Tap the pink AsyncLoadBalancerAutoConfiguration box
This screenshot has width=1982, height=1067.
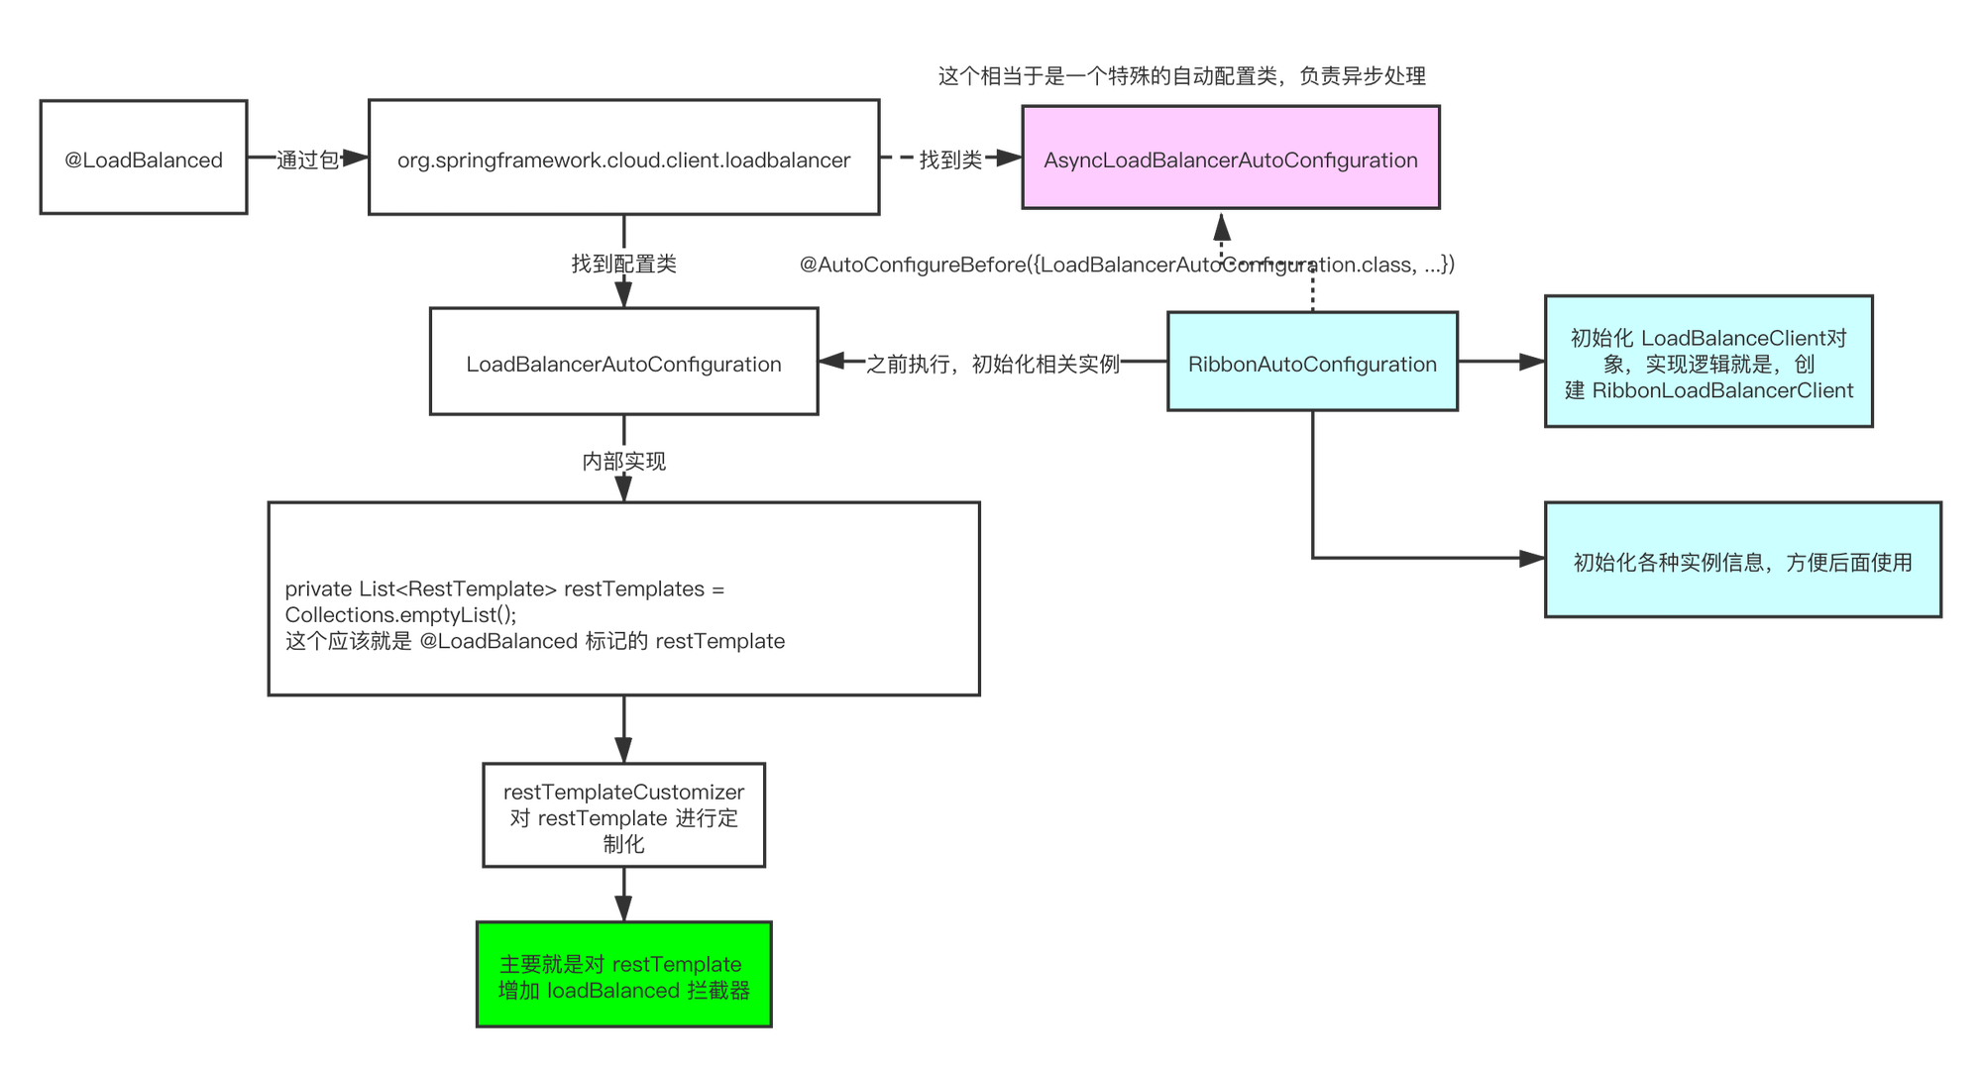coord(1231,159)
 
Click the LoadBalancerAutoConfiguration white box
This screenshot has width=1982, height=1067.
coord(623,363)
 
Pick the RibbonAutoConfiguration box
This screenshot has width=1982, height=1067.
coord(1312,363)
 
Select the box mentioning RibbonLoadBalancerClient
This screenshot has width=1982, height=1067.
coord(1708,363)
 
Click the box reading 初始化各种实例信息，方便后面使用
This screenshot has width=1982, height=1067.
coord(1742,561)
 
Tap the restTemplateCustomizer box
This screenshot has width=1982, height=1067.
coord(623,816)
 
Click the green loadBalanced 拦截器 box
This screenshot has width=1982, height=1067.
coord(623,976)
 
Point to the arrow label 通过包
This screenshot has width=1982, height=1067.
coord(307,160)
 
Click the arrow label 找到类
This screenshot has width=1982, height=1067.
coord(949,159)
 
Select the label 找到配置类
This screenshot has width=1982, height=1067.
coord(623,263)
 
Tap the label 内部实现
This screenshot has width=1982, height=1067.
coord(623,461)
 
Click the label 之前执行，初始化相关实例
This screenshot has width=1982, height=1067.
coord(992,364)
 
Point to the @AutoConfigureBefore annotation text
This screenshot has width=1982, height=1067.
coord(1127,265)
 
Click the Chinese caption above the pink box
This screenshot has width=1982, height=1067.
coord(1181,75)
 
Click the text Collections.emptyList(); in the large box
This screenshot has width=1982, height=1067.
coord(400,615)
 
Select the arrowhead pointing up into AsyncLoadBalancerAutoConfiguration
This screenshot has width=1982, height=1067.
coord(1222,227)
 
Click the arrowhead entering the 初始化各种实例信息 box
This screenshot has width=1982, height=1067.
coord(1532,560)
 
